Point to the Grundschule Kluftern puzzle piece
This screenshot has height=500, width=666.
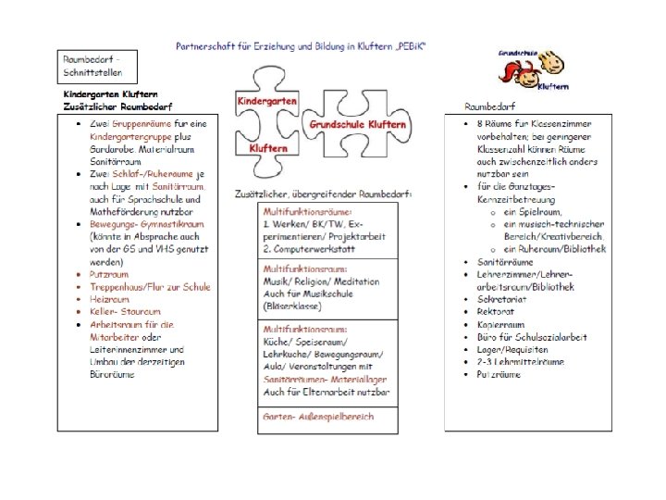click(x=355, y=124)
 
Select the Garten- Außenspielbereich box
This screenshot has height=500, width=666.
click(x=319, y=417)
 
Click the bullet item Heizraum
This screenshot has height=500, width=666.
click(x=110, y=299)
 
